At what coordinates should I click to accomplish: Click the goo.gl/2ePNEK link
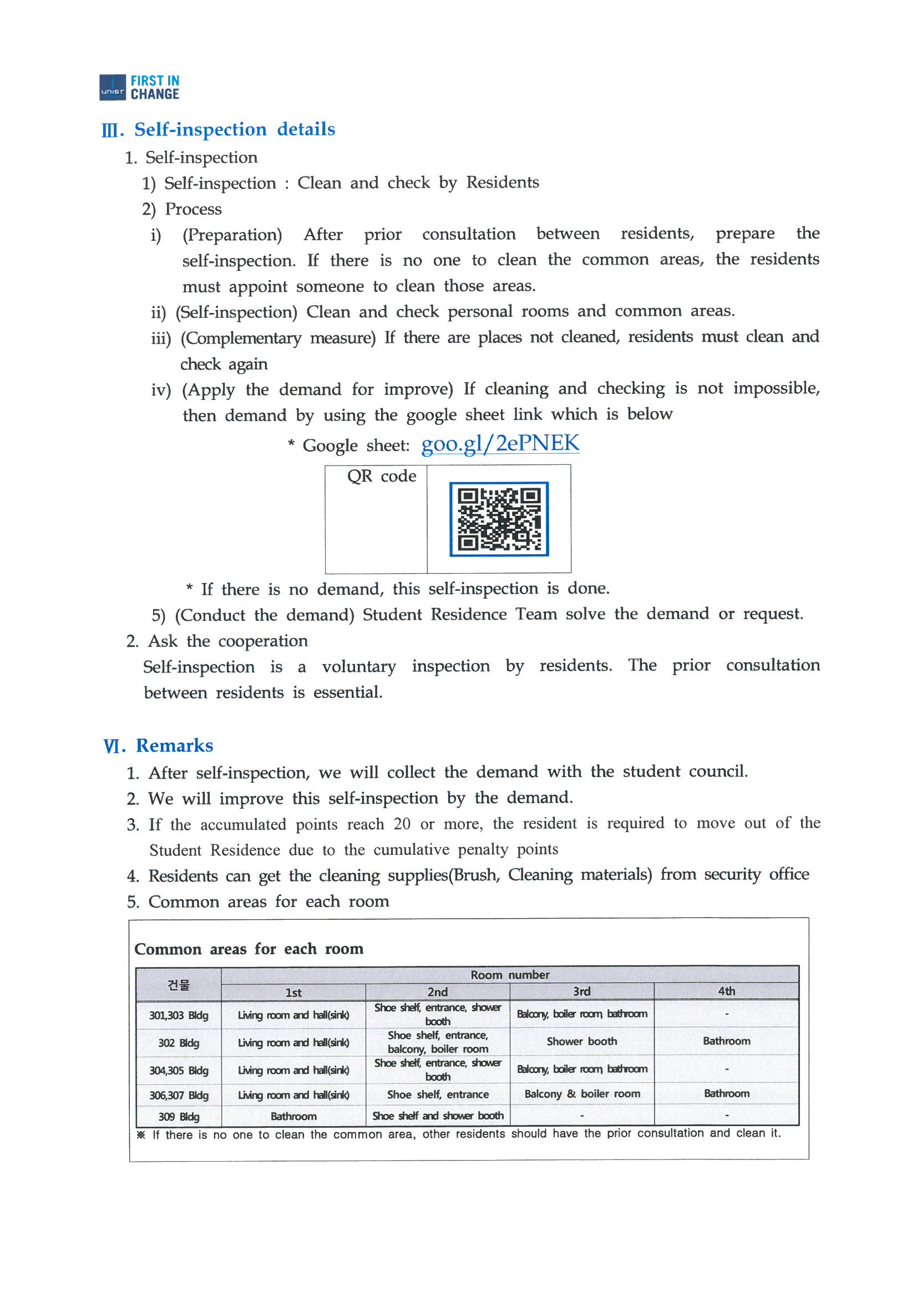click(x=500, y=443)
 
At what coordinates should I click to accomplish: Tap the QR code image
click(x=499, y=519)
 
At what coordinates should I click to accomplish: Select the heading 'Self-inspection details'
click(x=234, y=129)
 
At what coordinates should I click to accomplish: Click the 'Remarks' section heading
click(x=174, y=746)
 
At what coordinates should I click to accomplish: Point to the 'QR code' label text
click(x=381, y=476)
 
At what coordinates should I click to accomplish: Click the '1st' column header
click(x=293, y=992)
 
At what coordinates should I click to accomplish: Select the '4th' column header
click(x=726, y=991)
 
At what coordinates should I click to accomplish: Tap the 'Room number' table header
click(x=510, y=975)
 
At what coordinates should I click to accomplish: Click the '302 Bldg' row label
click(x=179, y=1043)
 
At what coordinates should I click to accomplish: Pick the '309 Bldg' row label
click(x=179, y=1117)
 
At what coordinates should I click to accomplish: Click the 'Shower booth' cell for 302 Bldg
click(x=581, y=1041)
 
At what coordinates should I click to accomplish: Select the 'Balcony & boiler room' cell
click(x=582, y=1093)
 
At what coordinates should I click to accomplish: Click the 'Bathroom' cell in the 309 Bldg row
click(x=293, y=1116)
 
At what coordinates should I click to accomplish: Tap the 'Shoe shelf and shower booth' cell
click(x=437, y=1116)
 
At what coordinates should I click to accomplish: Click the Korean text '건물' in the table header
click(x=179, y=985)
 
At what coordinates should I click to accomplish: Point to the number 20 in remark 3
click(x=402, y=824)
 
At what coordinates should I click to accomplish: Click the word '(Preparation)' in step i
click(x=232, y=235)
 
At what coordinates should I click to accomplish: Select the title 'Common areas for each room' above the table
click(x=249, y=949)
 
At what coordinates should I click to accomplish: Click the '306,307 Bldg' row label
click(x=179, y=1095)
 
